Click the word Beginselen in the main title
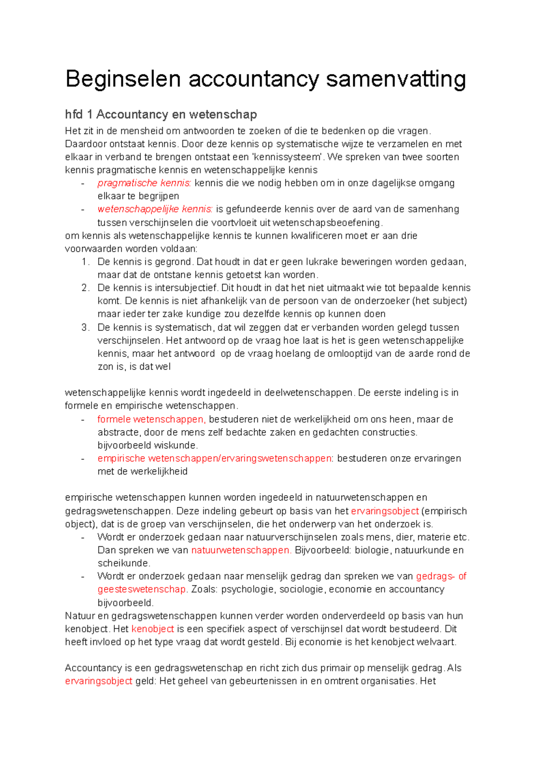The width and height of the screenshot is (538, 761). tap(123, 79)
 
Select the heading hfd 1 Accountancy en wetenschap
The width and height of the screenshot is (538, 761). tap(161, 115)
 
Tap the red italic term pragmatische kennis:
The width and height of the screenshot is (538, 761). tap(144, 183)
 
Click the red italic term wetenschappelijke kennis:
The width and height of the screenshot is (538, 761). tap(155, 209)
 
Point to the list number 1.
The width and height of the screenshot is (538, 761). tap(85, 262)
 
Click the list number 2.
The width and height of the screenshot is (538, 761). tap(85, 288)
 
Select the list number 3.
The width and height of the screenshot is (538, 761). tap(85, 328)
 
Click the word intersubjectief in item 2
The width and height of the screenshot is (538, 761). tap(186, 288)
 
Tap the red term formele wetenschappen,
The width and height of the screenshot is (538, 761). tap(152, 419)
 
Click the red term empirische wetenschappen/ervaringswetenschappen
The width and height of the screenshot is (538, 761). tap(214, 458)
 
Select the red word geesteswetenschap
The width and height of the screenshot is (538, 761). tap(141, 589)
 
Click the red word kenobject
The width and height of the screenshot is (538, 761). tap(152, 629)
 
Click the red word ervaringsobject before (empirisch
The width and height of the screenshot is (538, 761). tap(385, 511)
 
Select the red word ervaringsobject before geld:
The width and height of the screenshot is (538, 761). tap(99, 681)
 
